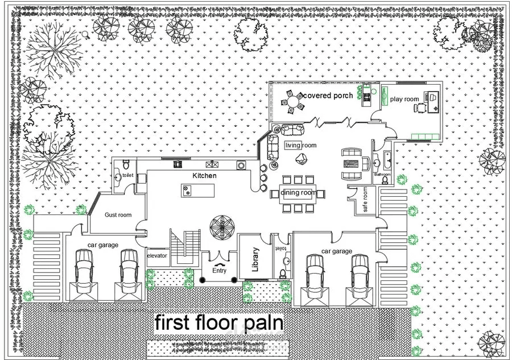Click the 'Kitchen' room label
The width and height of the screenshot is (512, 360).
[204, 176]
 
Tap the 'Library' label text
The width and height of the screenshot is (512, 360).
[255, 259]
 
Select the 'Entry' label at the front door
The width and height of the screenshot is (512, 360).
[219, 271]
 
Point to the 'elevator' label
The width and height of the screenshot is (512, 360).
[157, 255]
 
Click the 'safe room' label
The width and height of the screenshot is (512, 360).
[365, 200]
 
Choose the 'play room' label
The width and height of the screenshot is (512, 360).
[404, 99]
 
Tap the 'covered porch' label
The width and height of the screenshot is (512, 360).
[328, 96]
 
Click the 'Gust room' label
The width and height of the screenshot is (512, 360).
[118, 215]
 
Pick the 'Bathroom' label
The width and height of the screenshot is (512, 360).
[382, 174]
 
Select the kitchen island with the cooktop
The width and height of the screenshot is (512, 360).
[198, 191]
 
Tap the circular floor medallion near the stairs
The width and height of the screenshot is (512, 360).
[222, 226]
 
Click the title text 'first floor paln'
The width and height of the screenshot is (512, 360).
[219, 322]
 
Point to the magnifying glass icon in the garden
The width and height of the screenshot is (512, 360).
[86, 34]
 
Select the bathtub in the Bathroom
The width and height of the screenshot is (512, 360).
[388, 161]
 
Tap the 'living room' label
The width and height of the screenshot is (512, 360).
[300, 145]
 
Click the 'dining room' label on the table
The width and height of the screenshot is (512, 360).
[298, 193]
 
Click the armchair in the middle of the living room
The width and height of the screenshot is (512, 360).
[301, 159]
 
